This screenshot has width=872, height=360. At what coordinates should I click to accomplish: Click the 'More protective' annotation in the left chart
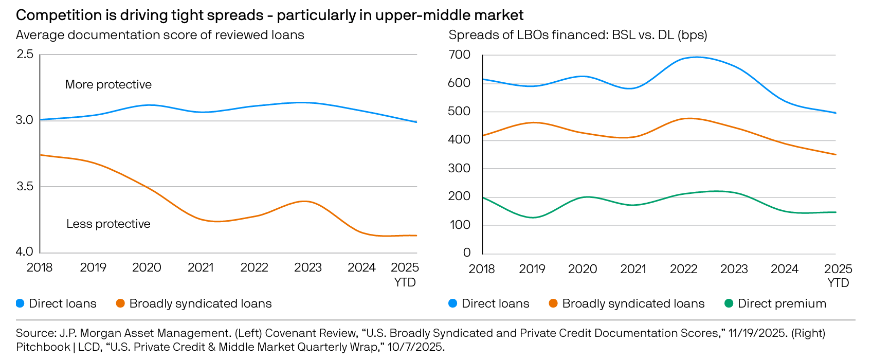(x=108, y=84)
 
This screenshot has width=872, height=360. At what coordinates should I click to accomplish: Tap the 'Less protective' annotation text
(x=108, y=224)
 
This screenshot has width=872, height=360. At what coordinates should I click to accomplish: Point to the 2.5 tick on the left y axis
(x=25, y=54)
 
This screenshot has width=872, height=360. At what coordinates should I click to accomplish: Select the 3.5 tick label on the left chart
(x=25, y=186)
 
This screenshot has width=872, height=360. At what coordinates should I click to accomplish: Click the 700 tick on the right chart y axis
(x=459, y=55)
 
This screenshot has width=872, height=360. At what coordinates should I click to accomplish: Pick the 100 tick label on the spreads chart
(x=459, y=225)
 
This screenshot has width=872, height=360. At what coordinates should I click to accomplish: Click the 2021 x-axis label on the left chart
(x=201, y=267)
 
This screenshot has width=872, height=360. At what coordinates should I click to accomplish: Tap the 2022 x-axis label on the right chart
(x=683, y=269)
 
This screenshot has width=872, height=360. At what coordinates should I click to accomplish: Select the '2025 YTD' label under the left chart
(x=405, y=275)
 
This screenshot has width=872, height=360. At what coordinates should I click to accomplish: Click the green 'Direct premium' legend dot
(x=729, y=303)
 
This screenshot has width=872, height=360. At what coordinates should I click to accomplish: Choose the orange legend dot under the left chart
(x=120, y=303)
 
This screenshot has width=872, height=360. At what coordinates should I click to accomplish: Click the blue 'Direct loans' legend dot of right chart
(x=452, y=303)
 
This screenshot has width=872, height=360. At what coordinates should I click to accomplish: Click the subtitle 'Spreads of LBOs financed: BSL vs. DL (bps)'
(x=578, y=35)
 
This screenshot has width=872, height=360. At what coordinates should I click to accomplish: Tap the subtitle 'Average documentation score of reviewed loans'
(x=160, y=35)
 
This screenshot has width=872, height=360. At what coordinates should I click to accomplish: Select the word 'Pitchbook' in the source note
(x=43, y=347)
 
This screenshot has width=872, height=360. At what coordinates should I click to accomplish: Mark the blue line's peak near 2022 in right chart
(x=697, y=57)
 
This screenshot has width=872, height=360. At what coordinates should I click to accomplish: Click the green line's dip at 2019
(x=533, y=218)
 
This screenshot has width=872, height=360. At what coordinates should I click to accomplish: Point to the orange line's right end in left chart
(x=416, y=236)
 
